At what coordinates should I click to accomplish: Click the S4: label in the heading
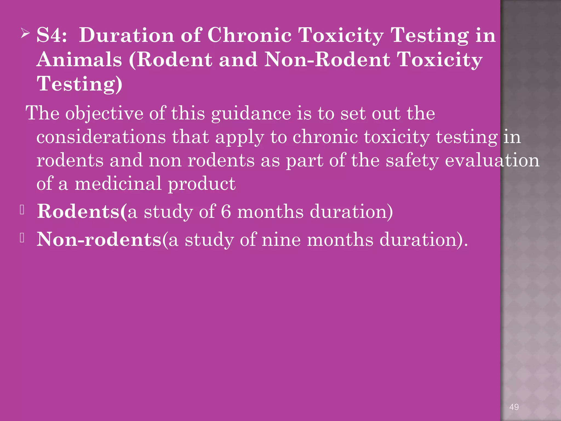(52, 35)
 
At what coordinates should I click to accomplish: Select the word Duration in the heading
(126, 35)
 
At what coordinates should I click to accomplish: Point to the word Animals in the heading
(79, 59)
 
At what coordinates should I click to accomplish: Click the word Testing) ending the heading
(79, 84)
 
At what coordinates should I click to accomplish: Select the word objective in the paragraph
(104, 113)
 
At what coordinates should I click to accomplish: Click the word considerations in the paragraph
(101, 137)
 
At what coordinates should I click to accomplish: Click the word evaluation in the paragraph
(492, 160)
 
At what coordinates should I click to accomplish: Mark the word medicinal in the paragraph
(118, 184)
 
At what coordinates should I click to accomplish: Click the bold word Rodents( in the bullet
(82, 212)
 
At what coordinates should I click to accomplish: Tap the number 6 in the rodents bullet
(226, 212)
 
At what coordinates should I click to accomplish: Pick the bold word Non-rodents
(99, 239)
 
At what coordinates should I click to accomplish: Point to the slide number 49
(514, 407)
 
